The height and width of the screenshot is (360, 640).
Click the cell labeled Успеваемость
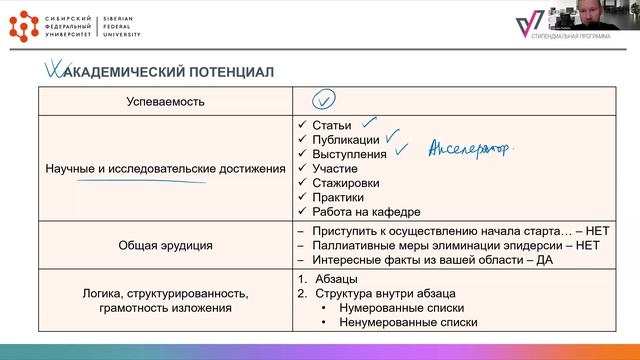pyautogui.click(x=165, y=101)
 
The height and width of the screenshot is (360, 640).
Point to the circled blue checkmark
pyautogui.click(x=323, y=100)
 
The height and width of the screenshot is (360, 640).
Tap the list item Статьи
pyautogui.click(x=331, y=125)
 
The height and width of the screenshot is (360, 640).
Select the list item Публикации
pyautogui.click(x=346, y=140)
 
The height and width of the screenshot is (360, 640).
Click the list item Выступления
pyautogui.click(x=349, y=154)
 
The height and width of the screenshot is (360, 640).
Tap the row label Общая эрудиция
pyautogui.click(x=165, y=244)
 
